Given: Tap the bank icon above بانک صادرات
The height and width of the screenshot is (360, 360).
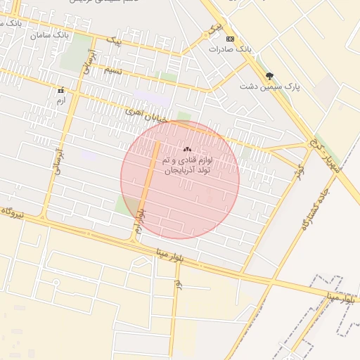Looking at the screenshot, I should pyautogui.click(x=231, y=39).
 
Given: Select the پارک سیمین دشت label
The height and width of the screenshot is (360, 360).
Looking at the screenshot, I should pyautogui.click(x=277, y=86).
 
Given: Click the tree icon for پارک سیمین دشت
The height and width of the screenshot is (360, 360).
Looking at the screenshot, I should pyautogui.click(x=269, y=76).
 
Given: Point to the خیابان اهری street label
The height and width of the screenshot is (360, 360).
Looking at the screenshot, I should pyautogui.click(x=146, y=115).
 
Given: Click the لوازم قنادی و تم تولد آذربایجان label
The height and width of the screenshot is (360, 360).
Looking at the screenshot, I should pyautogui.click(x=186, y=166).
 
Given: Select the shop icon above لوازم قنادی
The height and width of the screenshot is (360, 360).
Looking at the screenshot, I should pyautogui.click(x=186, y=149).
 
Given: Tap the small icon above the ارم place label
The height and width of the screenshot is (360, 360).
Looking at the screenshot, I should pyautogui.click(x=60, y=91).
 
